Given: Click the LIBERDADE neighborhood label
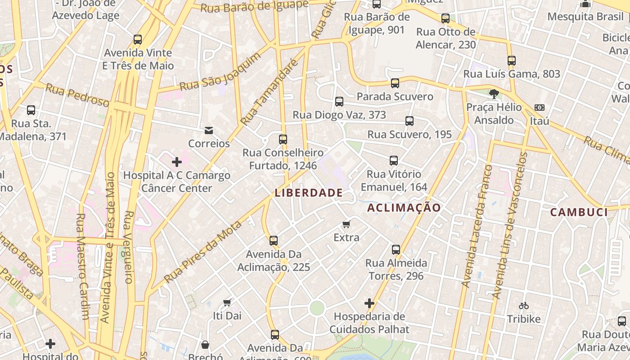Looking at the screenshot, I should tap(309, 193).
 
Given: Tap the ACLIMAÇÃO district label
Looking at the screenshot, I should tap(404, 207).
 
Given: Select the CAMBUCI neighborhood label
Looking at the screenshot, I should tap(579, 212).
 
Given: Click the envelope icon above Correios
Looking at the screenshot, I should tap(209, 130).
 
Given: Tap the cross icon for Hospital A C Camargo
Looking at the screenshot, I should tap(177, 162).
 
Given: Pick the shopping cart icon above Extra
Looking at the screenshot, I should tap(346, 224).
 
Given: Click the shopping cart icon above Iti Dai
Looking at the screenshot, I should tap(227, 302).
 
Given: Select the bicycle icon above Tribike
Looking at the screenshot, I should tap(523, 306).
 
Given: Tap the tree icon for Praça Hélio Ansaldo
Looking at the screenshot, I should tap(494, 94).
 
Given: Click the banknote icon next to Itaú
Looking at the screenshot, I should tap(539, 108).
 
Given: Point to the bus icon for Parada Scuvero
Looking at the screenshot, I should tap(395, 83).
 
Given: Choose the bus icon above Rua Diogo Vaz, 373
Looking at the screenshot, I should tap(339, 102).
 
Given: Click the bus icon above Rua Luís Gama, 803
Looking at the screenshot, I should tap(511, 61).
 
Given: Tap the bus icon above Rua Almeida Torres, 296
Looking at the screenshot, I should tap(396, 250).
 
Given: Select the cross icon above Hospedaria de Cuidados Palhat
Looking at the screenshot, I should tap(369, 303).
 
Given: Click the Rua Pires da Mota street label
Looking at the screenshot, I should tap(203, 252).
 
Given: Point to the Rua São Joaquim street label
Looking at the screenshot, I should tap(220, 72).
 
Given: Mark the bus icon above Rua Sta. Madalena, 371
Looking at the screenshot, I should tap(31, 110).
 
